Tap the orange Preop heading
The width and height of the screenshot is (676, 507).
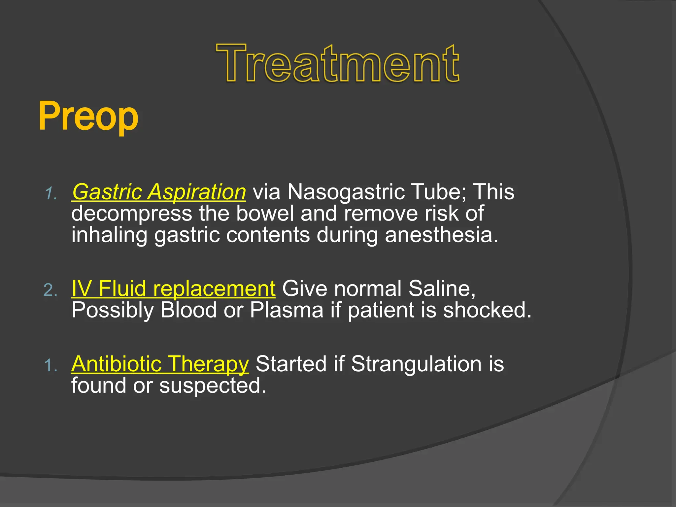[x=88, y=117]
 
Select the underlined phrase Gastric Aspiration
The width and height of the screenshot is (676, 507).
[x=159, y=192]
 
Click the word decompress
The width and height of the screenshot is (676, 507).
[x=132, y=214]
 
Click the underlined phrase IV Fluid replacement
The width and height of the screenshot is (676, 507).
[x=173, y=288]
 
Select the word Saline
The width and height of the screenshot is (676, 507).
[x=442, y=288]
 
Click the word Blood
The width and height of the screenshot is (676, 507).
[x=188, y=310]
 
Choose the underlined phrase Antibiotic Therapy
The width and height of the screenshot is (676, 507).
[x=160, y=364]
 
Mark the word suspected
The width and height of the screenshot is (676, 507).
[x=213, y=386]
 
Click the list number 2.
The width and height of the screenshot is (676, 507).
[x=51, y=290]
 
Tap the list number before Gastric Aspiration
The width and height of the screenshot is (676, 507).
[x=51, y=193]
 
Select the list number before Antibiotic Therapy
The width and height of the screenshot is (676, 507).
[x=51, y=366]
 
